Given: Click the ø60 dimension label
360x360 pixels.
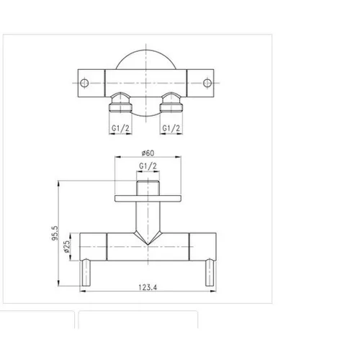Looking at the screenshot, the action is click(148, 153).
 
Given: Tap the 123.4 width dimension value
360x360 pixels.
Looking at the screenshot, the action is click(148, 287).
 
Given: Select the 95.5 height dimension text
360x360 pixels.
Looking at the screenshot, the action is click(55, 233).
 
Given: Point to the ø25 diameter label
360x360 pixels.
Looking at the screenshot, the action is click(67, 246).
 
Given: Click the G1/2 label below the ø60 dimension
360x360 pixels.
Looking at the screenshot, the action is click(148, 166).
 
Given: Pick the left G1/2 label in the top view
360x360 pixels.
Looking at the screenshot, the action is click(120, 128).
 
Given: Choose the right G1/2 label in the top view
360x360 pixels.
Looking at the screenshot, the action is click(171, 128).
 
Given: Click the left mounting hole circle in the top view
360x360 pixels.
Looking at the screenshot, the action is click(84, 83).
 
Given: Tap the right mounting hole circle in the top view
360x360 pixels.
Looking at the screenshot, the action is click(207, 83).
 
